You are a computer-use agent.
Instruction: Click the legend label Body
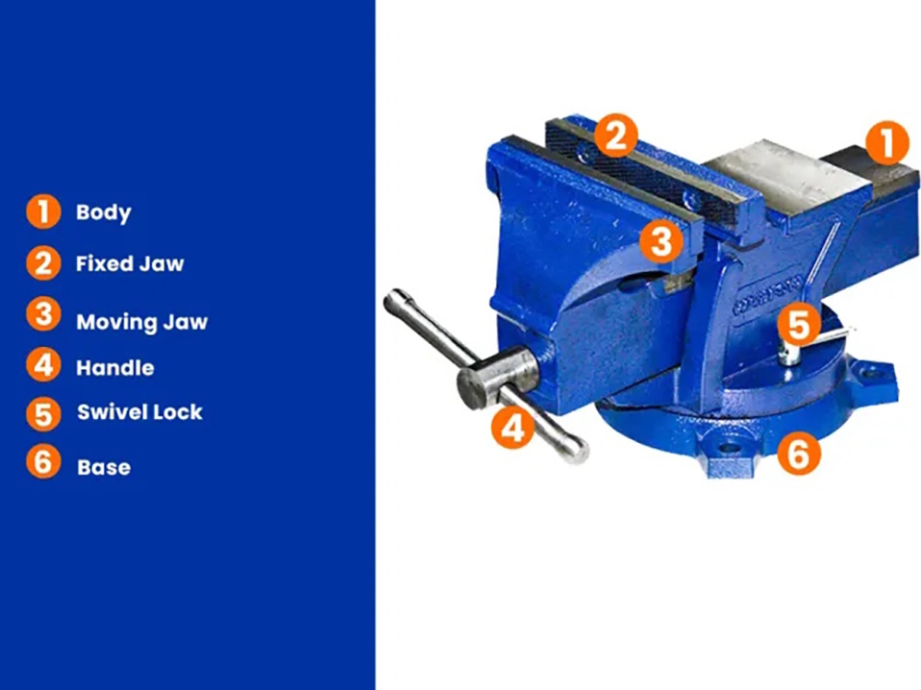[104, 212]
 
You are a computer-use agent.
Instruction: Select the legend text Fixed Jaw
[130, 263]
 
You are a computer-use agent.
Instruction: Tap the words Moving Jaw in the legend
[142, 322]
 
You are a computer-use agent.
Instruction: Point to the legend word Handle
[115, 368]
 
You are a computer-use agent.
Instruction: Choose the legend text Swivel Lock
[139, 412]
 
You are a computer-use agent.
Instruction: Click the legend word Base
[104, 467]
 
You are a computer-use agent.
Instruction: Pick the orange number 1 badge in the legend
[43, 211]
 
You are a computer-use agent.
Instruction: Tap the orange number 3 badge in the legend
[43, 314]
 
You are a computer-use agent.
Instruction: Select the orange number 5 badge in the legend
[43, 414]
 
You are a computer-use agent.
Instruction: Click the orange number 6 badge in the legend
[43, 461]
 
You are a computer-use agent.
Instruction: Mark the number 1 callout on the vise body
[887, 142]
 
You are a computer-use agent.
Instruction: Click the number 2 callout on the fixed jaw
[616, 136]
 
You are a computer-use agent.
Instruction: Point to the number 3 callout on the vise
[661, 241]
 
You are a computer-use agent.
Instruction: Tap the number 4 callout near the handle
[512, 428]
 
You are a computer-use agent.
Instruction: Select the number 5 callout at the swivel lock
[799, 325]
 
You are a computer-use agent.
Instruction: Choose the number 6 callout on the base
[799, 453]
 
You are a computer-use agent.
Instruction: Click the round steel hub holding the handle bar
[497, 378]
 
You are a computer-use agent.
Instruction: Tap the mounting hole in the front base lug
[729, 449]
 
